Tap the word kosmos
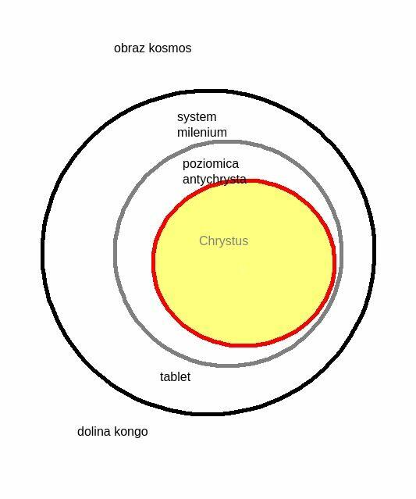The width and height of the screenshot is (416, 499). tap(170, 48)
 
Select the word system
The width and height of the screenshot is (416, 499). tap(197, 117)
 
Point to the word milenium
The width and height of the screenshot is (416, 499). tap(202, 133)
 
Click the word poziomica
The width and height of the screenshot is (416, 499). tap(211, 164)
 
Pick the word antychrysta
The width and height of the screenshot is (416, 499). tap(215, 180)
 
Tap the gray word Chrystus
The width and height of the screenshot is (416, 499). tap(223, 241)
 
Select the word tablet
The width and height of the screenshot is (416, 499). tap(175, 377)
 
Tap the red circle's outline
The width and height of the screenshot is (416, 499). tap(153, 263)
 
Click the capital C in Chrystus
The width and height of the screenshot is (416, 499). tap(204, 241)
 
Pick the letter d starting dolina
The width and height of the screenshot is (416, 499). tap(80, 432)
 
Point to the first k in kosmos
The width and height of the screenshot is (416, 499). tap(151, 48)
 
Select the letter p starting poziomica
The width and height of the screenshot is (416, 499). tap(186, 166)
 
